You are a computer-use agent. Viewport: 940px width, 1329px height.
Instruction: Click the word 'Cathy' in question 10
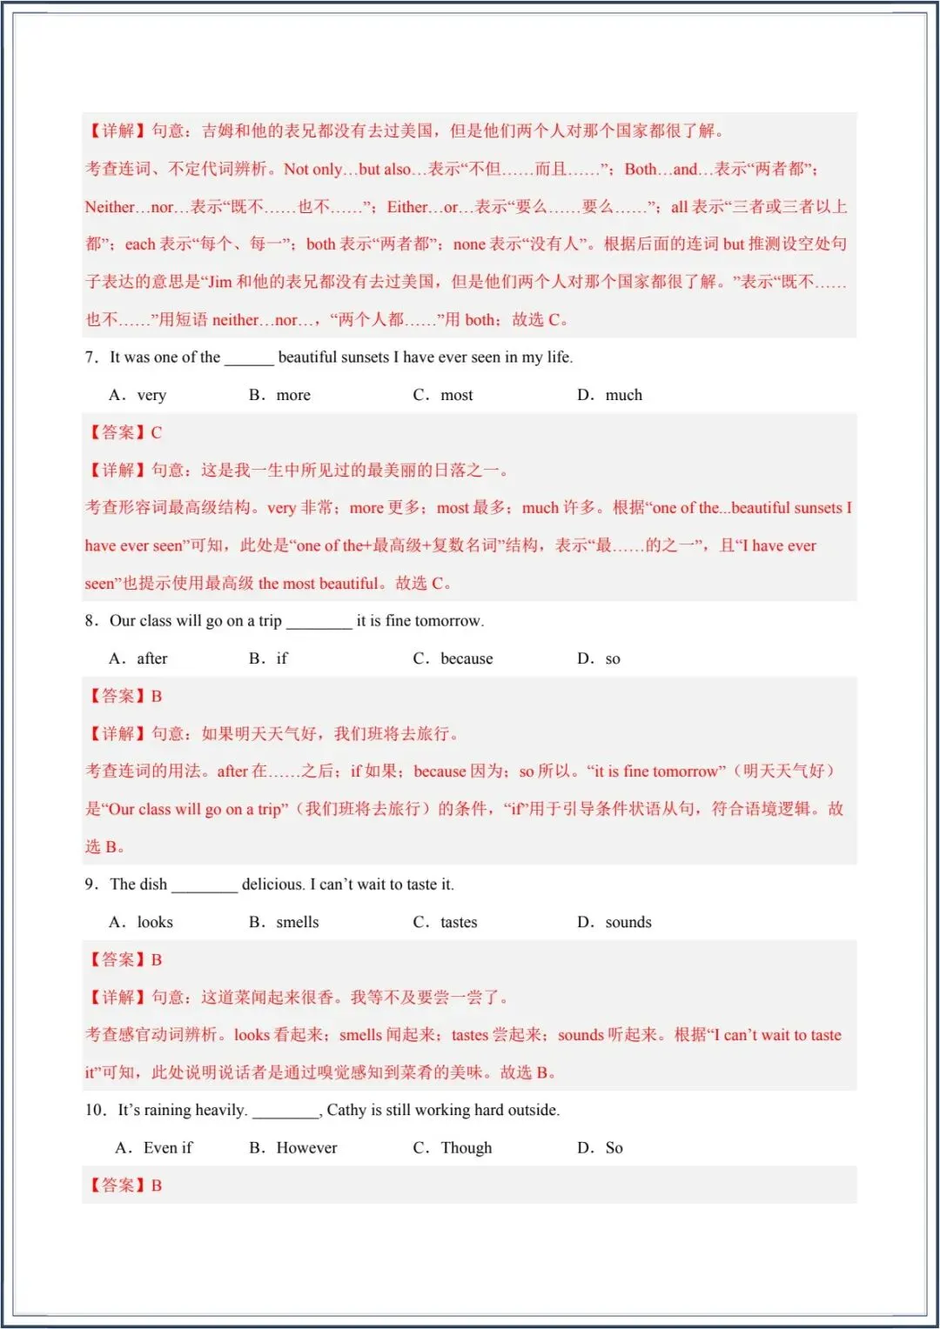pos(346,1110)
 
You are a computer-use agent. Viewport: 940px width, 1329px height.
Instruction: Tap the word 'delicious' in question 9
pos(272,884)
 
